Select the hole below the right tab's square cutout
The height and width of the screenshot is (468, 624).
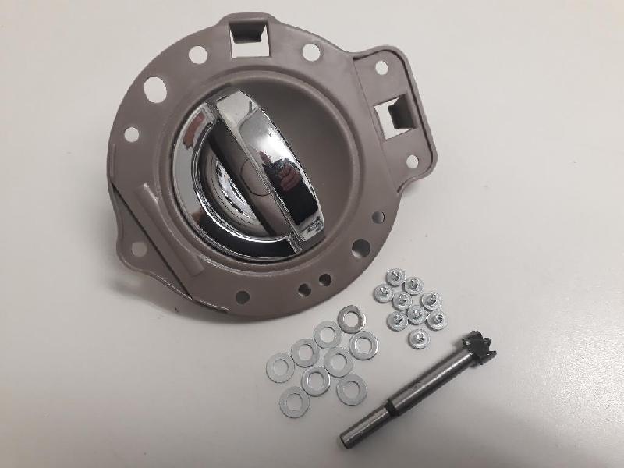411,161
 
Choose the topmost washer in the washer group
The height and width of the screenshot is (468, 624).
350,318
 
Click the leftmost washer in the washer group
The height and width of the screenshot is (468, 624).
280,367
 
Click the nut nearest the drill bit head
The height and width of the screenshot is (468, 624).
435,321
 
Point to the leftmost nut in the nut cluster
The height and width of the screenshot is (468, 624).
383,292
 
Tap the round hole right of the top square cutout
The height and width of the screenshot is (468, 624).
310,52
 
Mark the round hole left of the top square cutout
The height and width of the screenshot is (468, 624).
197,55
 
